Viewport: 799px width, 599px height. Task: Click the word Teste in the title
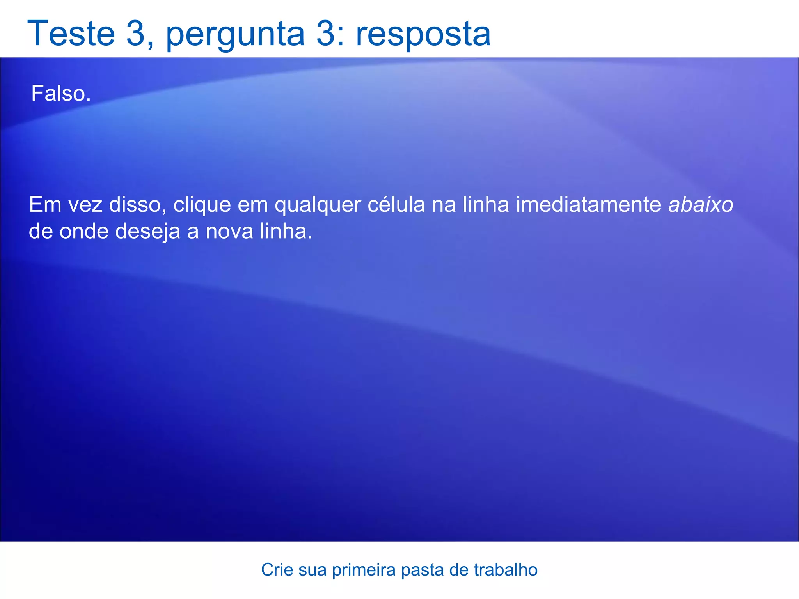[71, 34]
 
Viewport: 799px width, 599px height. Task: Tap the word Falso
[61, 94]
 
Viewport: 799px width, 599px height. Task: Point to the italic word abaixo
[701, 204]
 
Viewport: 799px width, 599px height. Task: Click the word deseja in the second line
[148, 231]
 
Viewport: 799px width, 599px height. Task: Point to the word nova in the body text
[229, 231]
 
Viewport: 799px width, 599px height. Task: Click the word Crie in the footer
[277, 570]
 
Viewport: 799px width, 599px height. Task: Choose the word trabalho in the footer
[506, 570]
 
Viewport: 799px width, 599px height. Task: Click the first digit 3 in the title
[135, 34]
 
